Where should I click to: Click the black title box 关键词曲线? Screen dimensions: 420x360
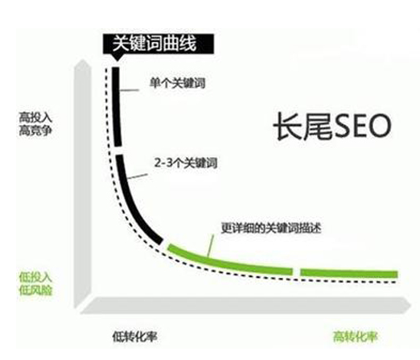159,43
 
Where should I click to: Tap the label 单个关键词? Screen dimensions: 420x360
178,83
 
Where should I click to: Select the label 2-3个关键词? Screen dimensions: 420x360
186,163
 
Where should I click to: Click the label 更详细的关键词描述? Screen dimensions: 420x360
271,228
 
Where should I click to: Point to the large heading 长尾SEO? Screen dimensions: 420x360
332,126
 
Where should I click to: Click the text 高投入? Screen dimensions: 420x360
35,118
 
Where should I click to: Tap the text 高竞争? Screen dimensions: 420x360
35,130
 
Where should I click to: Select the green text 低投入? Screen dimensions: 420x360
35,277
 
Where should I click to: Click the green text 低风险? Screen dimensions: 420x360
35,290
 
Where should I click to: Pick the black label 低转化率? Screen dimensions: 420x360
134,337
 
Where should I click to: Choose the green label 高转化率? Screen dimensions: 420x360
355,337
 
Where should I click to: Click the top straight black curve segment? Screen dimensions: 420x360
117,107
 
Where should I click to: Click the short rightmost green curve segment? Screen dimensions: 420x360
348,273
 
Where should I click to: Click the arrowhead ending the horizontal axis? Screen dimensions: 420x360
406,305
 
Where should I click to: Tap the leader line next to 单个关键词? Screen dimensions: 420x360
130,90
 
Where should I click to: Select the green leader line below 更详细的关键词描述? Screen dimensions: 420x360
211,246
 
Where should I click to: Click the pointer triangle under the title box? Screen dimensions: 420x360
117,56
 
